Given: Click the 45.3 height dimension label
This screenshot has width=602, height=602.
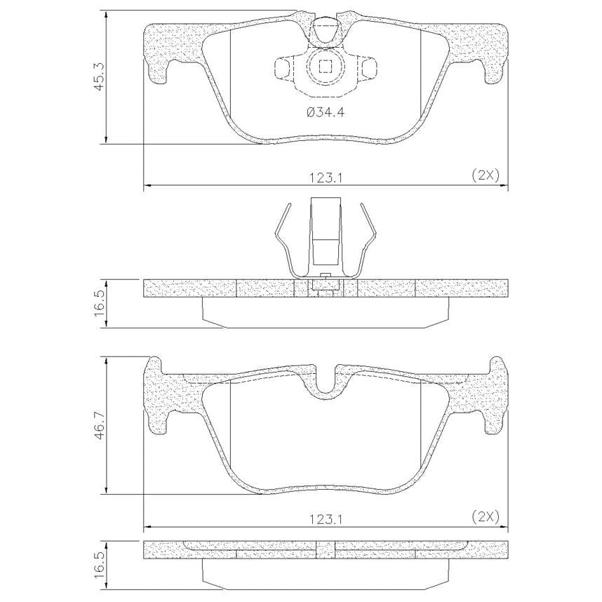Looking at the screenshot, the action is (100, 77).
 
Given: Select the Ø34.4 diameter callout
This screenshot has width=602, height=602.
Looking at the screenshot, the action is (326, 112).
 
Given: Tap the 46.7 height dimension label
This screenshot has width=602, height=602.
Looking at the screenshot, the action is (100, 425).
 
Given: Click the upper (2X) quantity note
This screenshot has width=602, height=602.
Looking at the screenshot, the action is (486, 176).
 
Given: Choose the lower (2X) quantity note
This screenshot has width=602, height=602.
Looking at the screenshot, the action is (486, 517).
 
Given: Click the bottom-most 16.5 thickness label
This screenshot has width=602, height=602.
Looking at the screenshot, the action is (100, 566).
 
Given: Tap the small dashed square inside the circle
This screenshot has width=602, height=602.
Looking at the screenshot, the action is (326, 67).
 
